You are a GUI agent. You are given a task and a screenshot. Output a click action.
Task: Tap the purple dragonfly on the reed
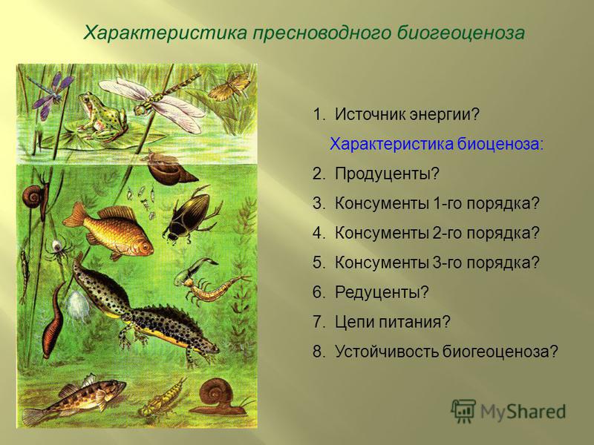51,95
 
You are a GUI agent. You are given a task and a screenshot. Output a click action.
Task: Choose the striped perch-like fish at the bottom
76,399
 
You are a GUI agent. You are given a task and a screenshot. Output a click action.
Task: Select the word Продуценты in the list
382,174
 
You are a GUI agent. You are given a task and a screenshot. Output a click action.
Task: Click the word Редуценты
377,292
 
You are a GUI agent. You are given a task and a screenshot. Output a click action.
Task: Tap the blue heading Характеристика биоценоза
437,144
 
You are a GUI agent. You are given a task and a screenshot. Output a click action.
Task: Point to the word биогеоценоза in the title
461,33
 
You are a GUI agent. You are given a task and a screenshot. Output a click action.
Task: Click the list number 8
318,352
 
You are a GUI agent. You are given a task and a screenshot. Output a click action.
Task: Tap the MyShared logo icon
463,410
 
